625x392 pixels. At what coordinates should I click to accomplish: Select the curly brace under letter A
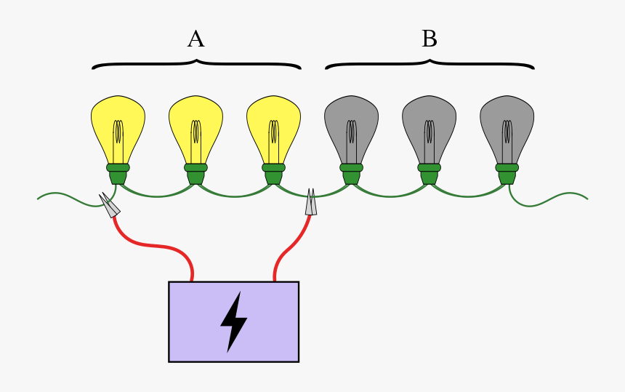tap(196, 65)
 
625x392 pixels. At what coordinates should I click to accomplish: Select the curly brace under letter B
tap(430, 65)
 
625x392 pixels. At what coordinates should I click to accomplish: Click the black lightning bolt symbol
tap(233, 321)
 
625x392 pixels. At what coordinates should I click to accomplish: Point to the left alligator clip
tap(110, 205)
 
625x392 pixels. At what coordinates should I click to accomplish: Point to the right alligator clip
tap(311, 202)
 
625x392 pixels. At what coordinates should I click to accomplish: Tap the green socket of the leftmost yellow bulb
tap(118, 173)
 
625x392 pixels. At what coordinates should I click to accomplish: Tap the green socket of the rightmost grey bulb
tap(507, 173)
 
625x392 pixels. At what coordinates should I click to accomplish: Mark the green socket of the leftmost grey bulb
tap(351, 173)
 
